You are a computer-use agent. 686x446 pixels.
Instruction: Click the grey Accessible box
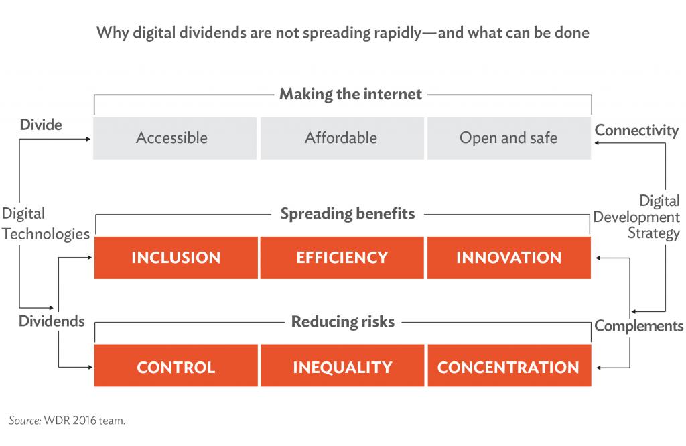(x=175, y=138)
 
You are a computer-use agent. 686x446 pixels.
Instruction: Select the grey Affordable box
(x=342, y=138)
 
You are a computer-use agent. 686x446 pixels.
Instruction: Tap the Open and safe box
(x=509, y=138)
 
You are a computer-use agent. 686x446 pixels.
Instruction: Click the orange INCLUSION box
(x=176, y=258)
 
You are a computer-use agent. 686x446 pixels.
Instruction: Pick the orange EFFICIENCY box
(x=342, y=258)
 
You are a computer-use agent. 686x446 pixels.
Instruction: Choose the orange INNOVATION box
(x=509, y=258)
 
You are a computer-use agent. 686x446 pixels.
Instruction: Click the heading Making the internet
(x=351, y=94)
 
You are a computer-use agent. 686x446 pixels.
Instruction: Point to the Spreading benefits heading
(x=348, y=214)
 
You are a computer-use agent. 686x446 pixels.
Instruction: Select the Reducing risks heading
(x=343, y=321)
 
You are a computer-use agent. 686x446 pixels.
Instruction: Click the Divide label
(x=41, y=125)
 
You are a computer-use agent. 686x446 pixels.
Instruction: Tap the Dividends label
(x=52, y=321)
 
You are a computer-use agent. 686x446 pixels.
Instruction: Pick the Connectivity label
(x=636, y=131)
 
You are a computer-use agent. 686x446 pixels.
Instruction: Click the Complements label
(x=638, y=326)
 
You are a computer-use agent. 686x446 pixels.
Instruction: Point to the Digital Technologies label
(x=46, y=224)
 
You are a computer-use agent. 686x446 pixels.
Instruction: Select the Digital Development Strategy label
(x=636, y=217)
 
